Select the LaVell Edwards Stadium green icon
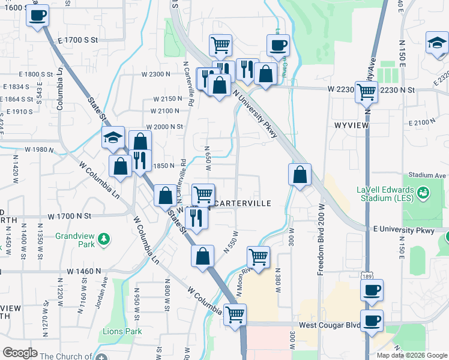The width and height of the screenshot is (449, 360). tap(424, 193)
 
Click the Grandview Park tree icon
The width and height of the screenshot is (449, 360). tap(104, 239)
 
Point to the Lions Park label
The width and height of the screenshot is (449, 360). tap(122, 331)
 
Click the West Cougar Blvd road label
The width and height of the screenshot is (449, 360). tap(330, 325)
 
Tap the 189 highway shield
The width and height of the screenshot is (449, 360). tap(366, 275)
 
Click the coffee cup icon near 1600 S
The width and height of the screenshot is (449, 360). tap(37, 16)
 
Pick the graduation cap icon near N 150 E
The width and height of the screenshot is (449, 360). tap(436, 44)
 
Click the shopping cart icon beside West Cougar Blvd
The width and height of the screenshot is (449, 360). tap(234, 313)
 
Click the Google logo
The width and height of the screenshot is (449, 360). tap(20, 353)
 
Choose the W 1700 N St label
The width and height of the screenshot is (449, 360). tap(70, 215)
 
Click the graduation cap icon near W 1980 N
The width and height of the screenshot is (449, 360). tap(113, 138)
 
